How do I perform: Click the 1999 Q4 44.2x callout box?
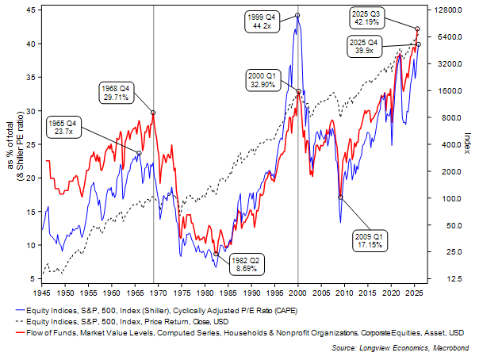pos(262,21)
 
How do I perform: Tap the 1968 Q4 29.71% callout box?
pos(117,90)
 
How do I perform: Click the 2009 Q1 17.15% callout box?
pos(367,240)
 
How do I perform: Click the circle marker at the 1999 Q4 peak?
pos(297,15)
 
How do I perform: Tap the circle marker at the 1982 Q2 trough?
pos(217,254)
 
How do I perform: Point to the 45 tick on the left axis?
pos(29,10)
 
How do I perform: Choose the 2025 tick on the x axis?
pos(415,293)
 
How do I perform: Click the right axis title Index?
pos(467,144)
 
